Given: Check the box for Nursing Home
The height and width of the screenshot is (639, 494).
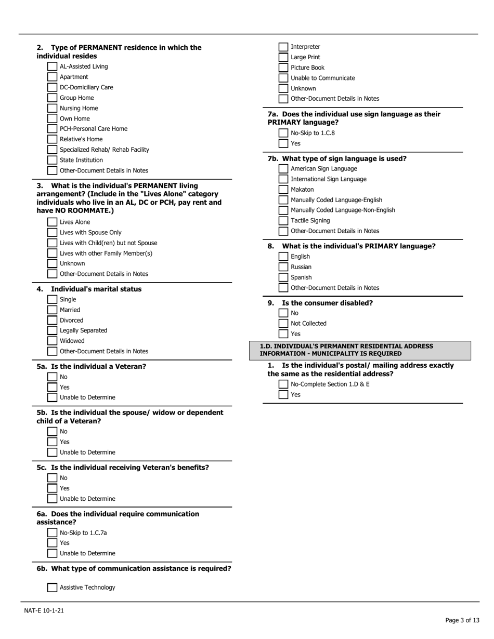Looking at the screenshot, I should pyautogui.click(x=52, y=108).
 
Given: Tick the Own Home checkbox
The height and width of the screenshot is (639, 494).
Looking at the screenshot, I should pyautogui.click(x=52, y=118).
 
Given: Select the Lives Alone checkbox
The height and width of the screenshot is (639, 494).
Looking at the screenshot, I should pyautogui.click(x=52, y=222).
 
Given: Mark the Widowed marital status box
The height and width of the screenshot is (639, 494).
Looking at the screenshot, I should pyautogui.click(x=52, y=341).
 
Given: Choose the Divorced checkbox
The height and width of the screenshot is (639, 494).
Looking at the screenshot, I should pyautogui.click(x=52, y=320).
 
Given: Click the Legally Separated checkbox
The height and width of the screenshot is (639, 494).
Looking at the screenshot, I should pyautogui.click(x=52, y=330).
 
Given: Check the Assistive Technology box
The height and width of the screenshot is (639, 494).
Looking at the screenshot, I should pyautogui.click(x=52, y=588).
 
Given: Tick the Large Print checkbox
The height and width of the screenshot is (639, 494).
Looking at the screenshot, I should pyautogui.click(x=283, y=57).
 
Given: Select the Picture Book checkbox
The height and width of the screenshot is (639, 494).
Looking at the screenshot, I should pyautogui.click(x=283, y=68).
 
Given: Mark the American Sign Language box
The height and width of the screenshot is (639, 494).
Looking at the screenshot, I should pyautogui.click(x=283, y=169).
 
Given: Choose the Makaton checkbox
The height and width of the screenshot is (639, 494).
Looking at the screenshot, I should pyautogui.click(x=283, y=190).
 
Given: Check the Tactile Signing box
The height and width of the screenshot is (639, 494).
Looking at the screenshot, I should pyautogui.click(x=283, y=221).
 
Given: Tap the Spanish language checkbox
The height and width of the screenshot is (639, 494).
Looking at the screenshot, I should pyautogui.click(x=283, y=277).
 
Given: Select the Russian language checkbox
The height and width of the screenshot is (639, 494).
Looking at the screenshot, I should pyautogui.click(x=283, y=267).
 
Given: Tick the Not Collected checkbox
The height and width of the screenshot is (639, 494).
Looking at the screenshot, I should pyautogui.click(x=283, y=324).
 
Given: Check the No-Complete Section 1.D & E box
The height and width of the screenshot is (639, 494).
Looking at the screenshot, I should pyautogui.click(x=283, y=384).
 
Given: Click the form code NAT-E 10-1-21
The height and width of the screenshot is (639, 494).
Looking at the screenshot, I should pyautogui.click(x=44, y=610).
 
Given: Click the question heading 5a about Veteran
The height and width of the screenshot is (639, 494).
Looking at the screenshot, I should pyautogui.click(x=92, y=366).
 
